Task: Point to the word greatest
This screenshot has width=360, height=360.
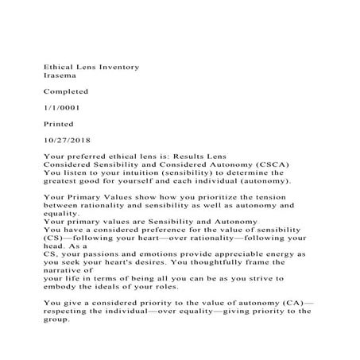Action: (64, 180)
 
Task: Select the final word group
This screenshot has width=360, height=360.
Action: (58, 319)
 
